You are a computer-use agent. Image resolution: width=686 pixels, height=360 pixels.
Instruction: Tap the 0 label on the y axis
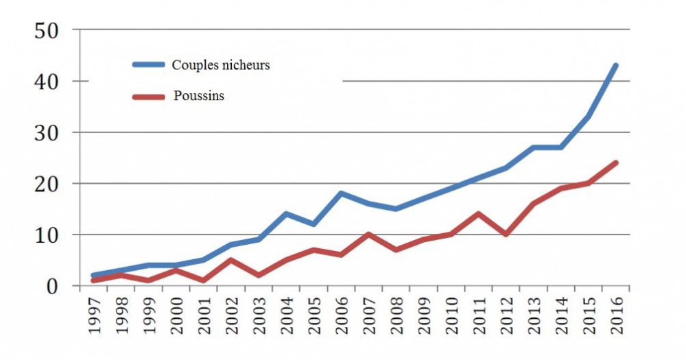54,286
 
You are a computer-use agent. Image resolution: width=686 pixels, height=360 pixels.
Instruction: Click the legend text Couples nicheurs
221,65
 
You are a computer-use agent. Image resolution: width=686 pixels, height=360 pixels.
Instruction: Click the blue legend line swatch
149,65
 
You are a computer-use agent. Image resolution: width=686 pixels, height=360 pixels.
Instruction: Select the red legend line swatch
149,96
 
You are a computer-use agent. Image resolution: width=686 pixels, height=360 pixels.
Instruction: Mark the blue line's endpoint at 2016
615,66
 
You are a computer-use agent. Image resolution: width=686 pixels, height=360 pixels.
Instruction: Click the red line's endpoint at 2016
615,163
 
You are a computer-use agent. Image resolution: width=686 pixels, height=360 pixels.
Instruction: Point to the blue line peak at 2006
341,193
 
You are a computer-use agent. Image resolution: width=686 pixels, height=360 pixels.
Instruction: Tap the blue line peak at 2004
286,214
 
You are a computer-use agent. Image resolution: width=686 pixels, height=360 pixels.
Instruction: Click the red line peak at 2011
478,214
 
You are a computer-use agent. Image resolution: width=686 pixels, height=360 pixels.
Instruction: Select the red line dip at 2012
506,235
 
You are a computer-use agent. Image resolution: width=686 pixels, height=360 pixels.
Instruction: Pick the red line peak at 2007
368,235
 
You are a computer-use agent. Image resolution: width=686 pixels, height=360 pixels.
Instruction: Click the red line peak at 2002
231,260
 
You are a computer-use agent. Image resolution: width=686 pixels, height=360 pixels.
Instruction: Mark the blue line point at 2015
588,117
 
